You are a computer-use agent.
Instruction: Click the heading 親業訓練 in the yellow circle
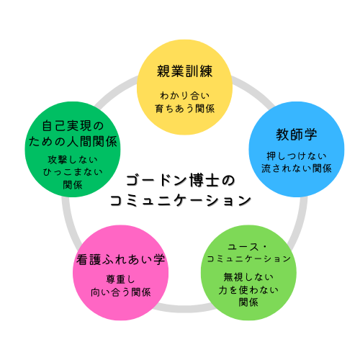(184, 71)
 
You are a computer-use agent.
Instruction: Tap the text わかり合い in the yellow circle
(184, 96)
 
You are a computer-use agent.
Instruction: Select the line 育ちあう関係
(184, 109)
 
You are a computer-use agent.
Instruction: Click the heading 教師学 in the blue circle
(297, 134)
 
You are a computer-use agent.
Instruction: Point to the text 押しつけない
(297, 156)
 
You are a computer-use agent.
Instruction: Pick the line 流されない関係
(297, 168)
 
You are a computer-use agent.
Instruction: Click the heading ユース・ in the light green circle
(247, 247)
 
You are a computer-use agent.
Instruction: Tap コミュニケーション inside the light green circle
(248, 258)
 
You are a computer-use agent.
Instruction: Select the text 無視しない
(248, 277)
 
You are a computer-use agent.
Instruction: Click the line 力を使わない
(248, 290)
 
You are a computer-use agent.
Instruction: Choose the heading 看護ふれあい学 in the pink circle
(120, 260)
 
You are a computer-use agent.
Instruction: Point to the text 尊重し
(120, 279)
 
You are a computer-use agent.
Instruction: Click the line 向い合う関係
(120, 292)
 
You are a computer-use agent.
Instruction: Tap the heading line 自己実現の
(73, 126)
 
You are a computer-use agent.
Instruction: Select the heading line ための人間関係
(73, 141)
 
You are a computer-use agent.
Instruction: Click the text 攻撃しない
(73, 160)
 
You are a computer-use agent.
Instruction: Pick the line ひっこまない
(73, 172)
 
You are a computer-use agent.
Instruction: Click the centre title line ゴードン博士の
(180, 181)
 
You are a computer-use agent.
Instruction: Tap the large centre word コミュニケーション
(181, 200)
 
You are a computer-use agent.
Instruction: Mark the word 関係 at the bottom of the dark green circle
(73, 185)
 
